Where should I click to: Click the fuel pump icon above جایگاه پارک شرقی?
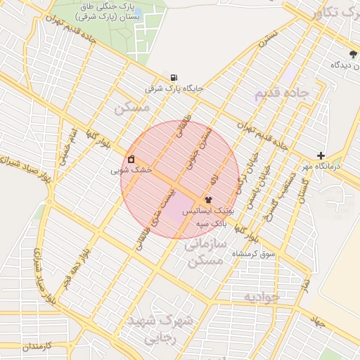tap(173, 78)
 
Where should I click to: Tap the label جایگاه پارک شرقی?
tap(174, 89)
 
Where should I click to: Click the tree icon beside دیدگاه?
tap(353, 54)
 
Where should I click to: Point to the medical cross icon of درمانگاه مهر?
tap(321, 155)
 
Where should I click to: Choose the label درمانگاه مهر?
tap(335, 167)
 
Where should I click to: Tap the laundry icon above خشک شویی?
tap(131, 159)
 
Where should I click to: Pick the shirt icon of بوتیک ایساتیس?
tap(208, 200)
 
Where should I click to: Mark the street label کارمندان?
tap(22, 347)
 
